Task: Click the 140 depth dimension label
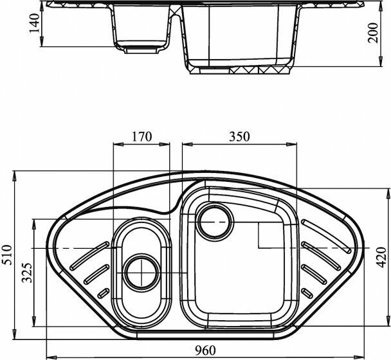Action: [34, 23]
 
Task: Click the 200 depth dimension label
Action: [373, 33]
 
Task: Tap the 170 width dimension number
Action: [141, 136]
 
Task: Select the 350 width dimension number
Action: [239, 136]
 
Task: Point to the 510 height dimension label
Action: [6, 255]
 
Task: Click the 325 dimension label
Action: [27, 273]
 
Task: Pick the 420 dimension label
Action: [381, 257]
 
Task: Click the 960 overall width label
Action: [205, 351]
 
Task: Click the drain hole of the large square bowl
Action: [215, 221]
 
